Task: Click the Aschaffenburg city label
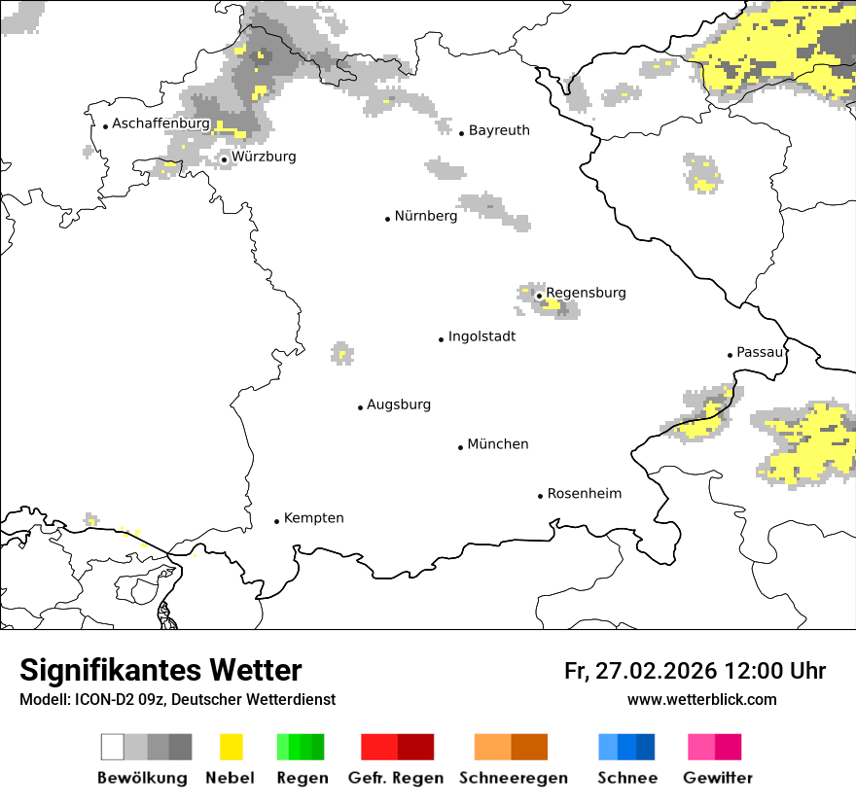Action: [160, 123]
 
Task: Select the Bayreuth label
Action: [499, 130]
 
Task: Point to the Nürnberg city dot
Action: [387, 219]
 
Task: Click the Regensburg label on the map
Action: [586, 293]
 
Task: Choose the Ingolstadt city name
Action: [481, 337]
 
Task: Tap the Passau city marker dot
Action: [730, 355]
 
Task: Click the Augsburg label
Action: [399, 404]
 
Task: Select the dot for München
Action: [460, 447]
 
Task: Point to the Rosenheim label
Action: [584, 494]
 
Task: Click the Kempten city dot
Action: [276, 521]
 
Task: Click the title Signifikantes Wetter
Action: [160, 671]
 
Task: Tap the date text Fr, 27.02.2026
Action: [640, 671]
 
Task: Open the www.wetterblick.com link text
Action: [701, 700]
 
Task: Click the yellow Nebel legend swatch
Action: [232, 747]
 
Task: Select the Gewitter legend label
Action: [717, 778]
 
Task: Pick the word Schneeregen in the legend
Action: [513, 778]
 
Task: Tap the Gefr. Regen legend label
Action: [395, 778]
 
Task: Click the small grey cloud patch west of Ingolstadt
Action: [341, 353]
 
